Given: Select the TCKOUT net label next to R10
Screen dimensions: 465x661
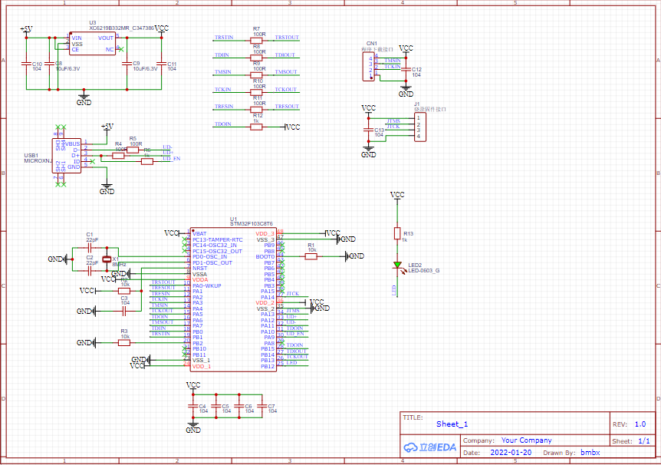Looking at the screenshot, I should tap(285, 90).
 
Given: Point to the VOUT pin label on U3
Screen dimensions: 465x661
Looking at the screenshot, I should tap(106, 38).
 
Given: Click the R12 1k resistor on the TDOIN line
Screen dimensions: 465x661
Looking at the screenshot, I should tap(256, 127).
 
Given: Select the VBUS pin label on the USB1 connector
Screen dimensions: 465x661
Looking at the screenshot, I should tap(72, 143).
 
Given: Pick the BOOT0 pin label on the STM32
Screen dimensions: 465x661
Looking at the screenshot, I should tap(265, 257).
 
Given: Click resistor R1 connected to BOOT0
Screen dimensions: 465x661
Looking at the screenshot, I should tap(311, 257).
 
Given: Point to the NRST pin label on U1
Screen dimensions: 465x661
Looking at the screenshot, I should tap(199, 269).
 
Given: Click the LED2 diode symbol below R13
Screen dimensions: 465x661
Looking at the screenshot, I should tap(397, 265).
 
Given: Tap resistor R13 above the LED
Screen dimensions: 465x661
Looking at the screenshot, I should tap(397, 233).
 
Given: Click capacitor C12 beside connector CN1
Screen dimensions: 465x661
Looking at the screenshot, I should tap(406, 71).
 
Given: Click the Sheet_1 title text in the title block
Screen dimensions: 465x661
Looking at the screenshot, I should tap(452, 424).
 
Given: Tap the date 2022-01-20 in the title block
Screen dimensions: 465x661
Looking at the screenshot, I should tap(511, 453).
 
